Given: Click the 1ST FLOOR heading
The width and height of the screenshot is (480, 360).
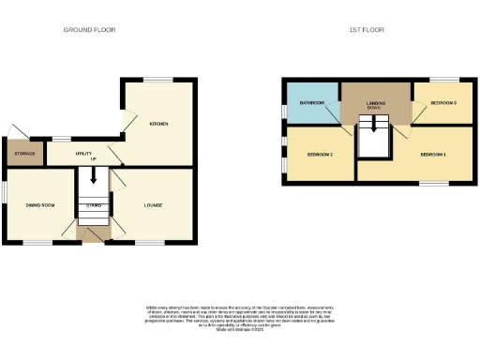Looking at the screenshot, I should pos(367,30).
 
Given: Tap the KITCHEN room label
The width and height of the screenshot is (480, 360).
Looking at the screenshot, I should pos(158,124).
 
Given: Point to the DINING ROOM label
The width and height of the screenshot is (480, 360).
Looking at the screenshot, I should pos(38,204).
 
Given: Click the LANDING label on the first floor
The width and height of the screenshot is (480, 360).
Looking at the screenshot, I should pos(376,103).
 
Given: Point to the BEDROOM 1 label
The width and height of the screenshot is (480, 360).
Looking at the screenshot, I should pos(432,153).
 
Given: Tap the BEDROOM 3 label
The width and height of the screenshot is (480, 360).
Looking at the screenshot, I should pos(442,102).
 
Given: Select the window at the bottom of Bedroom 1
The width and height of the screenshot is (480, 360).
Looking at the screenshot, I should pos(433,184).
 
